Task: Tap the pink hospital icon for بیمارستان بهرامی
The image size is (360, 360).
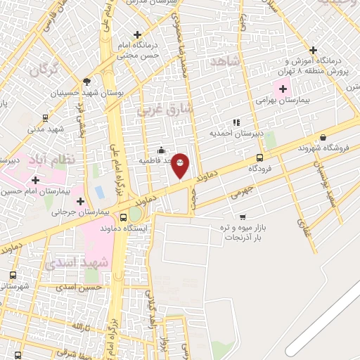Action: [x=283, y=89]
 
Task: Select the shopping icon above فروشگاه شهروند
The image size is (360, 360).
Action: [x=323, y=138]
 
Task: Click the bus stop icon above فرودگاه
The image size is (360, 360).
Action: [x=260, y=157]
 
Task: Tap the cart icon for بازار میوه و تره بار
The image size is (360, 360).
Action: [x=243, y=217]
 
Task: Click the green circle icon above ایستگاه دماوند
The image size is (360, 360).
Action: [x=134, y=213]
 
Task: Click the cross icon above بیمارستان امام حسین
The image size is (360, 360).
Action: [x=35, y=180]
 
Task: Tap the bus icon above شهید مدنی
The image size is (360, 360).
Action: [x=45, y=118]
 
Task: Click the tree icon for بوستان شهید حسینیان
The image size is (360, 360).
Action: [x=86, y=82]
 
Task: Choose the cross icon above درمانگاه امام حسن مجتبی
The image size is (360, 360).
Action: [x=137, y=34]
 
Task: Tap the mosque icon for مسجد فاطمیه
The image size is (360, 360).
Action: [x=162, y=150]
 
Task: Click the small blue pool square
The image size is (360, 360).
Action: [x=99, y=191]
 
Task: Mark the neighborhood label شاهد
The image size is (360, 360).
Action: [x=225, y=62]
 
